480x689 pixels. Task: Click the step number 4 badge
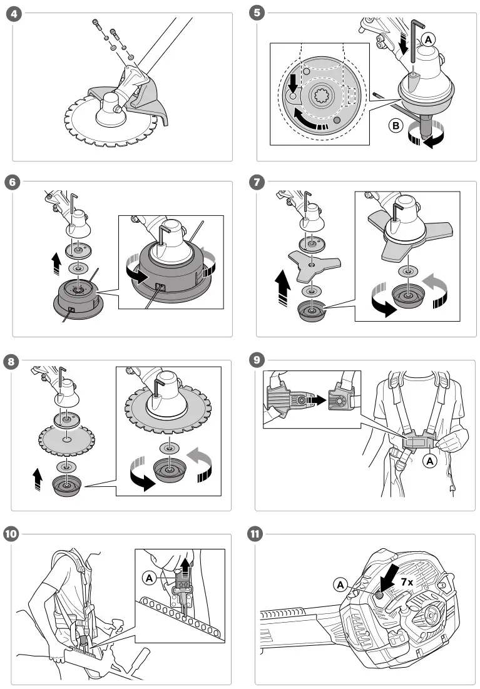coord(14,13)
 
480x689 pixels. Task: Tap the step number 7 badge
coord(257,182)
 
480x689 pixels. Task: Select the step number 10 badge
coord(11,534)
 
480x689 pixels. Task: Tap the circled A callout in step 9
coord(429,461)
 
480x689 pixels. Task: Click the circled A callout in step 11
coord(340,585)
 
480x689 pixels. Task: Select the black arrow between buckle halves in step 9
coord(317,400)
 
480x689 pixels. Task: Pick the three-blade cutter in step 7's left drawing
coord(315,265)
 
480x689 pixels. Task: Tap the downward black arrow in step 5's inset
coord(291,83)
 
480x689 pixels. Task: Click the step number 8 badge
coord(11,362)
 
